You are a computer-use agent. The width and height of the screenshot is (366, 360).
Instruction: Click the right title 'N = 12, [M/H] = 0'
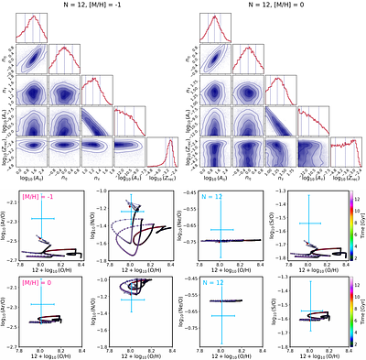pos(274,8)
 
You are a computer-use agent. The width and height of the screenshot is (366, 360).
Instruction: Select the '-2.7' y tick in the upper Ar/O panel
pos(18,262)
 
